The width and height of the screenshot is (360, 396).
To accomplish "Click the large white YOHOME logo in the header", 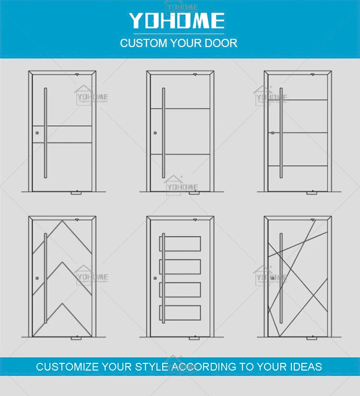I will pos(176,21).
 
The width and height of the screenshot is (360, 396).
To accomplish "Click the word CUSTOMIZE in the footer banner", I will pos(68,367).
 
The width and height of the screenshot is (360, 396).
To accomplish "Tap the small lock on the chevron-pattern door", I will pos(36,277).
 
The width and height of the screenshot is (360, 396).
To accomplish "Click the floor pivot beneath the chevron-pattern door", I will pos(76,338).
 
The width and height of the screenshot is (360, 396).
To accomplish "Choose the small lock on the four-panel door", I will pos(155,277).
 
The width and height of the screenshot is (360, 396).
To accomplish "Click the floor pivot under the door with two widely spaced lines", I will pos(194,194).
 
